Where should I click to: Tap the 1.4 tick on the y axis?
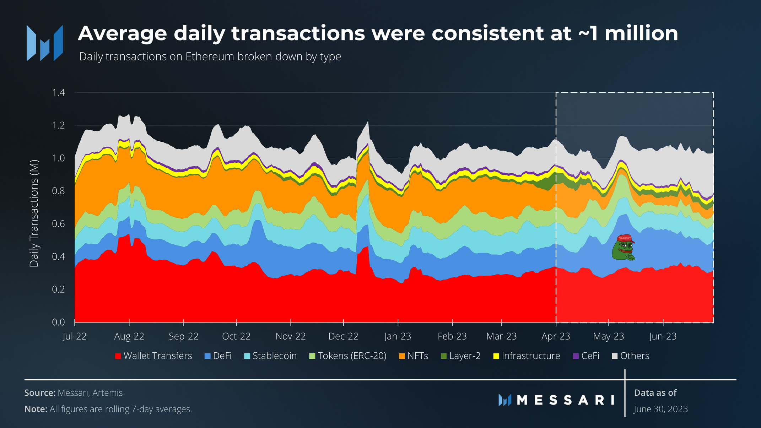(x=59, y=93)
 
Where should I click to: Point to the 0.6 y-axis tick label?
(x=59, y=224)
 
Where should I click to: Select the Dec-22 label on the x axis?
(x=343, y=336)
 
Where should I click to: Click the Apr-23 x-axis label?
(x=556, y=336)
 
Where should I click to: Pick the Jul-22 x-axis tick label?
(x=75, y=336)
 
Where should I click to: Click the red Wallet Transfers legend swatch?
(x=118, y=356)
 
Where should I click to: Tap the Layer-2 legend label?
(x=465, y=356)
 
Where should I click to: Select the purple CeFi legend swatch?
(x=576, y=356)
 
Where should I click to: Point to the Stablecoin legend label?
(x=274, y=356)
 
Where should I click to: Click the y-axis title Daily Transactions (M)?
(x=34, y=213)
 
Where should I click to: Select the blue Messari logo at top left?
(x=45, y=43)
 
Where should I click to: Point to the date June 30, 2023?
(x=661, y=409)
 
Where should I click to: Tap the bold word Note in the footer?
(x=36, y=409)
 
